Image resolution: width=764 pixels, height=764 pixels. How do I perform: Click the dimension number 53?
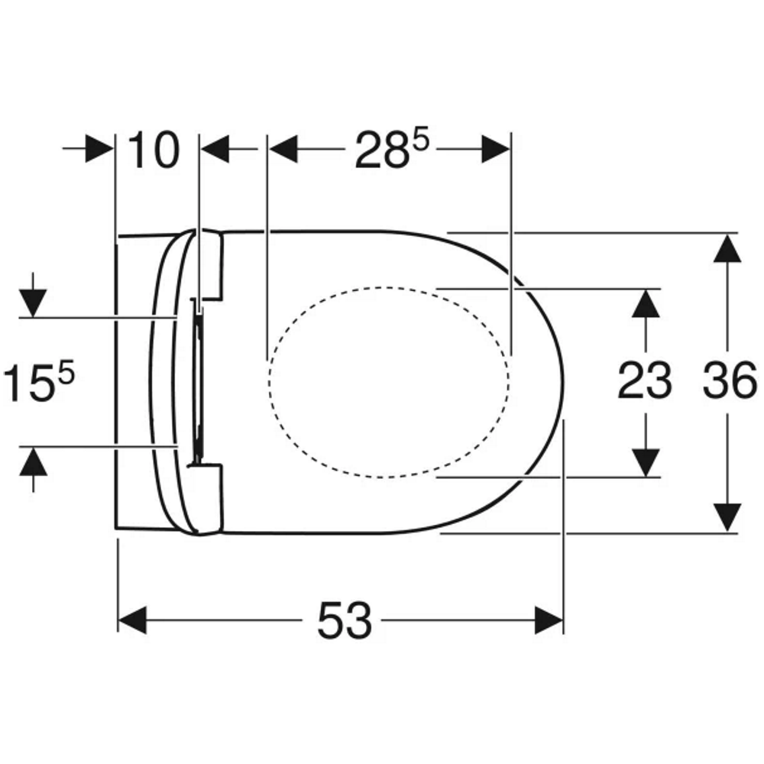point(345,620)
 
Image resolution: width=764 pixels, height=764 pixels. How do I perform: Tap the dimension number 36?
point(730,380)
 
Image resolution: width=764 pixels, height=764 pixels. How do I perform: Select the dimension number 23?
point(645,380)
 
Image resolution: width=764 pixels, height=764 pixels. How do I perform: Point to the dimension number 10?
point(154,150)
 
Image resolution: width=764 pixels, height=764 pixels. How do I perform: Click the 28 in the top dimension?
point(382,150)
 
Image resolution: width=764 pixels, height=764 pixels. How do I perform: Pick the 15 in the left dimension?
point(28,383)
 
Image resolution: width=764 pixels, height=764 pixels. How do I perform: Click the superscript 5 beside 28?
point(421,138)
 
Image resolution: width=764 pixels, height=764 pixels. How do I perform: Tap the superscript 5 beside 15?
point(66,371)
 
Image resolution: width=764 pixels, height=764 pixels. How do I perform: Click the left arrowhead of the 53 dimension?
point(132,620)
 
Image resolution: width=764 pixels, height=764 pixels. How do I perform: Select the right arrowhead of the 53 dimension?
point(549,620)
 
